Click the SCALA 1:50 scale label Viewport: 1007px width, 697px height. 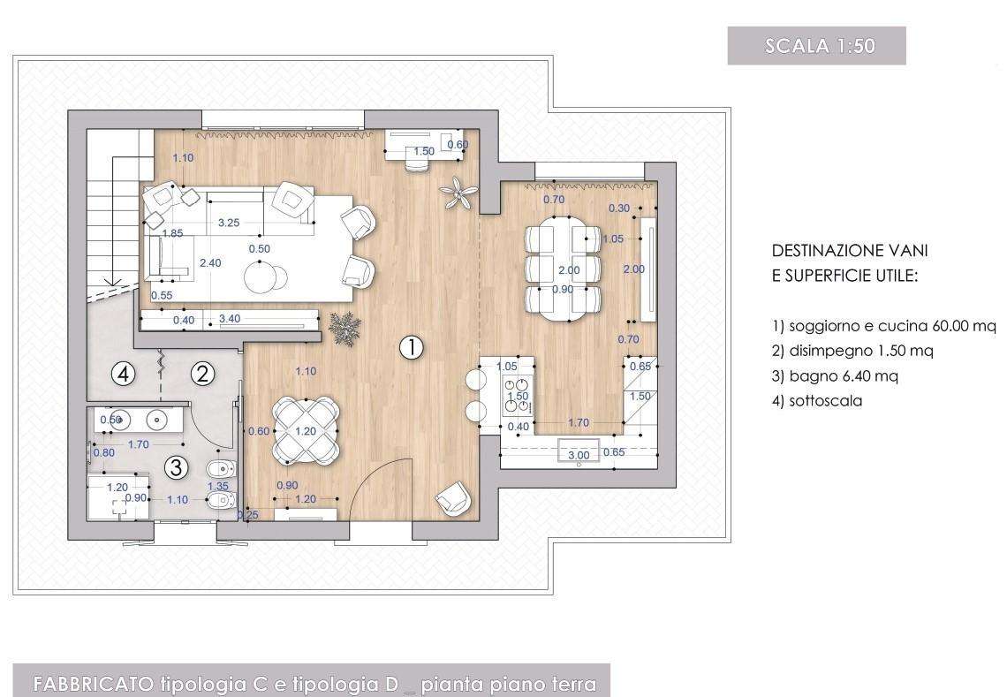820,46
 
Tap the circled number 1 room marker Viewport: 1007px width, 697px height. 411,347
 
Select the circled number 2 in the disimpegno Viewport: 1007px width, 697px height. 203,373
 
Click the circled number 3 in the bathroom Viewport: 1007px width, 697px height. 177,467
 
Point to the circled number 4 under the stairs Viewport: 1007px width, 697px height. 124,373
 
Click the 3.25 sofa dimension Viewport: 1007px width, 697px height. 229,223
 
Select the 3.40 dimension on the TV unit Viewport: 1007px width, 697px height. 230,319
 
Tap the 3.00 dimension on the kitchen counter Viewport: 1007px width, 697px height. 579,456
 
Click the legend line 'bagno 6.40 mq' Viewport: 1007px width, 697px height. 835,375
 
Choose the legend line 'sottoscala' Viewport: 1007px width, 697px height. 817,401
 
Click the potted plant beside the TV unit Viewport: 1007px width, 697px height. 344,329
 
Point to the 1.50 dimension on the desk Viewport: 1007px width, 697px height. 424,152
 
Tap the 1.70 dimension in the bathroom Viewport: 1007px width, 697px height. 138,443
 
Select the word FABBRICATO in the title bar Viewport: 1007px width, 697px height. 93,684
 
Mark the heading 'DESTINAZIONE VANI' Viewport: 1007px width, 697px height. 850,251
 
